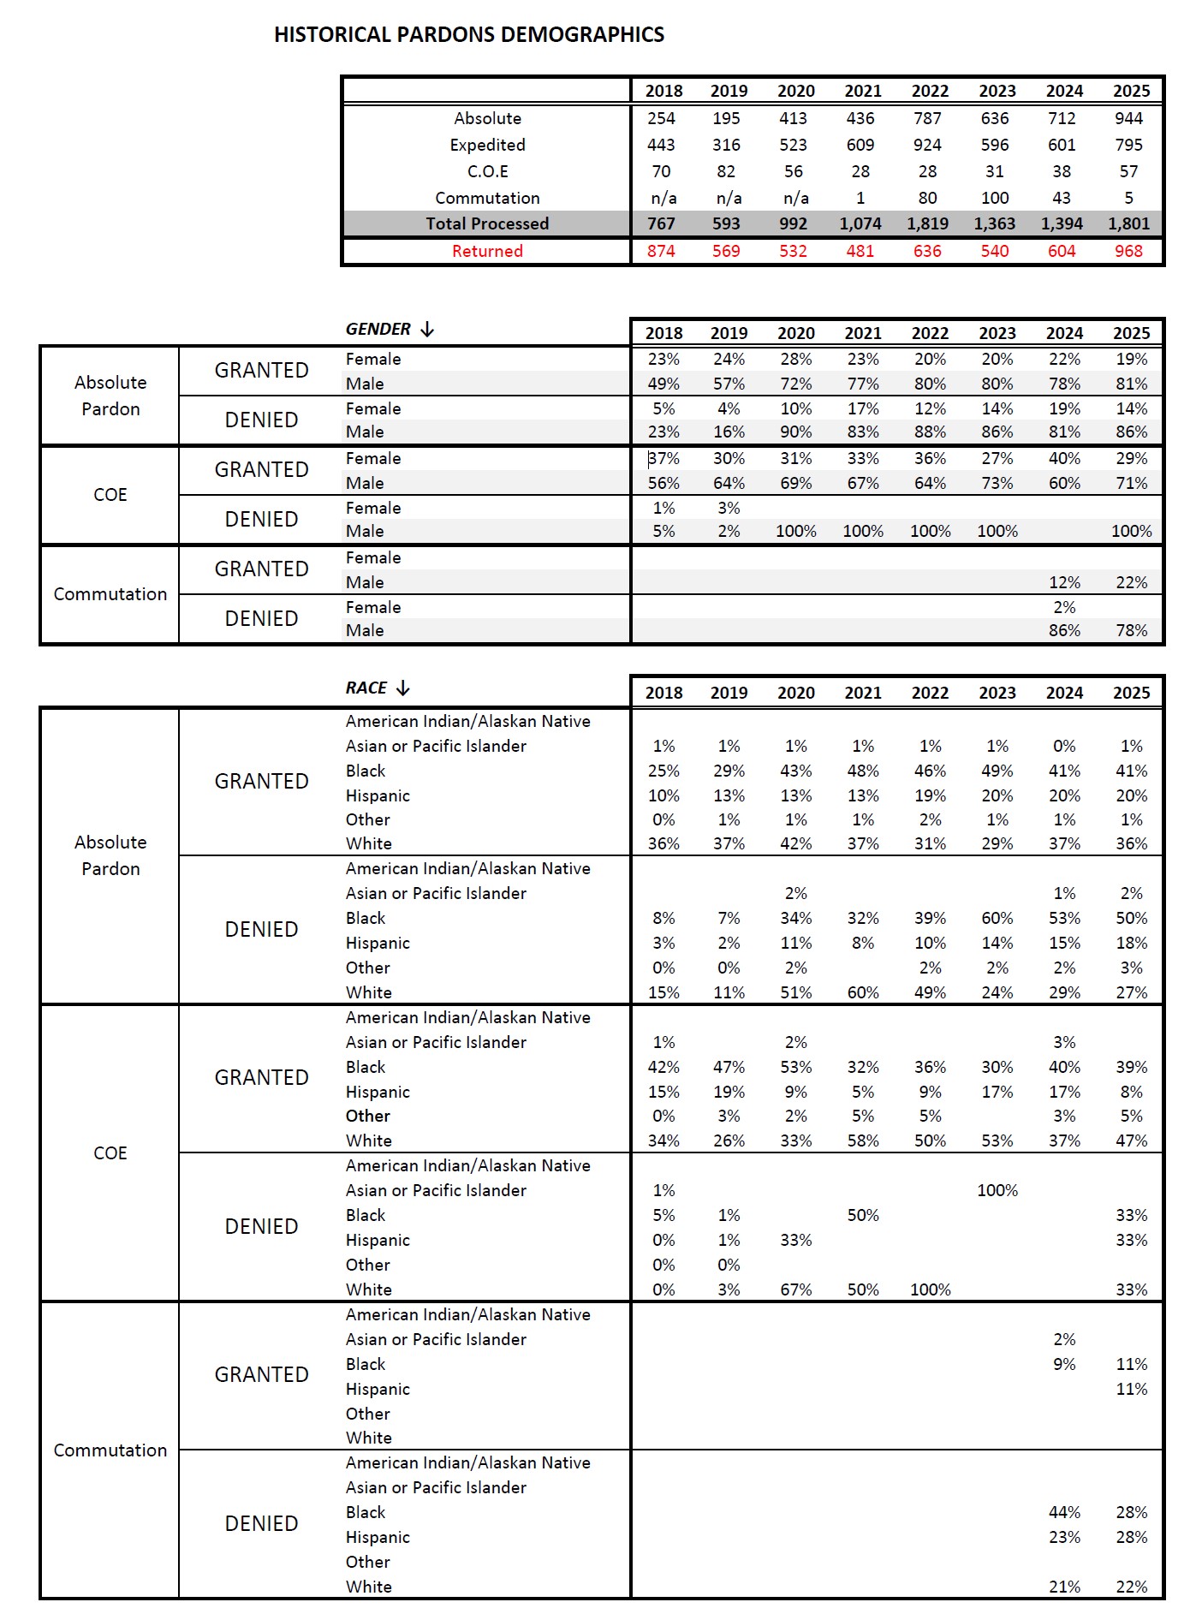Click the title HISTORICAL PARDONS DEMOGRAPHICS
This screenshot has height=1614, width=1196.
coord(468,34)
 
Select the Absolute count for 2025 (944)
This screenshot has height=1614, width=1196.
coord(1128,118)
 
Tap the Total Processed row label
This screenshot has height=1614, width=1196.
coord(487,223)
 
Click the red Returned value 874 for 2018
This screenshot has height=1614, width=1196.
coord(661,251)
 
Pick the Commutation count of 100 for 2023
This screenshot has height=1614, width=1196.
coord(995,198)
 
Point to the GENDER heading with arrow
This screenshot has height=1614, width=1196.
coord(390,330)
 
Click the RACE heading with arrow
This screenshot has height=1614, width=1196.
coord(378,688)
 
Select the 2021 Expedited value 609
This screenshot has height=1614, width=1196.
coord(860,145)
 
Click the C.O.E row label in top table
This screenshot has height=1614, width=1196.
coord(487,171)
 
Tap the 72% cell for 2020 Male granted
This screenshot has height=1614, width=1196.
coord(795,384)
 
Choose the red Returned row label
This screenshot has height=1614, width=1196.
coord(487,251)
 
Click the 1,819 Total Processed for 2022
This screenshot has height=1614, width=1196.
coord(927,223)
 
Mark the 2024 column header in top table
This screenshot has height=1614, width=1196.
coord(1064,91)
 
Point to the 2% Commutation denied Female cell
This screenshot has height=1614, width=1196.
coord(1064,607)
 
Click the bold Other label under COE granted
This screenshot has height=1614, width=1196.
coord(368,1116)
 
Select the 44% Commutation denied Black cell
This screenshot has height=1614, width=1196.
coord(1064,1512)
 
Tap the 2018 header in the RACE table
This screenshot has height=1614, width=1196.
coord(663,693)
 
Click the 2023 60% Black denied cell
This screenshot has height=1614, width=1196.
coord(997,918)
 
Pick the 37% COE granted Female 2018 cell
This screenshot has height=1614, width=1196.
coord(663,458)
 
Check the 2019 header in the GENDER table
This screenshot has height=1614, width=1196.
coord(729,333)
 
